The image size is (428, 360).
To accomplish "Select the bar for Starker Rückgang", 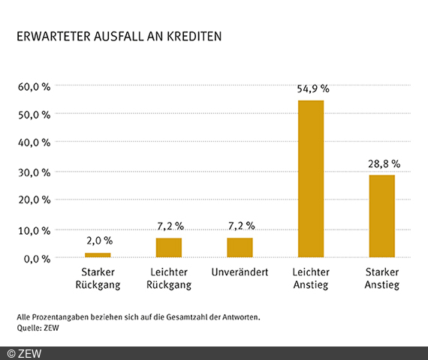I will point(98,255).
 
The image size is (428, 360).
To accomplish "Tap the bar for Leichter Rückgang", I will point(168,247).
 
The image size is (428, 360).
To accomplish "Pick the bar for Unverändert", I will point(240,247).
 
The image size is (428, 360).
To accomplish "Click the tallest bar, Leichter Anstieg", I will point(311,179).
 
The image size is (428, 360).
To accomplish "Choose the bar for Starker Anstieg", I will point(381,216).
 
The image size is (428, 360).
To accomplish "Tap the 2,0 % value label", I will point(98,241).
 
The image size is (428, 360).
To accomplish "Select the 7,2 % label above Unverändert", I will point(240,226).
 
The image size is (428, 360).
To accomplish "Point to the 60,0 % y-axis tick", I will point(34,86).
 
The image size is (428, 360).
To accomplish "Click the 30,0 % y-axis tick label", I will point(34,172).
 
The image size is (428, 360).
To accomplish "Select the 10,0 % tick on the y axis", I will point(34,230).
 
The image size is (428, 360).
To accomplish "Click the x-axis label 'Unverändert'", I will point(240,271).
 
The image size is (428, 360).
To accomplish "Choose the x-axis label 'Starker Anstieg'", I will point(381,278).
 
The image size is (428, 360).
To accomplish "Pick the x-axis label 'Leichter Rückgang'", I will point(168,278).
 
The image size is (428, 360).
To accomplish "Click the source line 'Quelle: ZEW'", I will point(38,328).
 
